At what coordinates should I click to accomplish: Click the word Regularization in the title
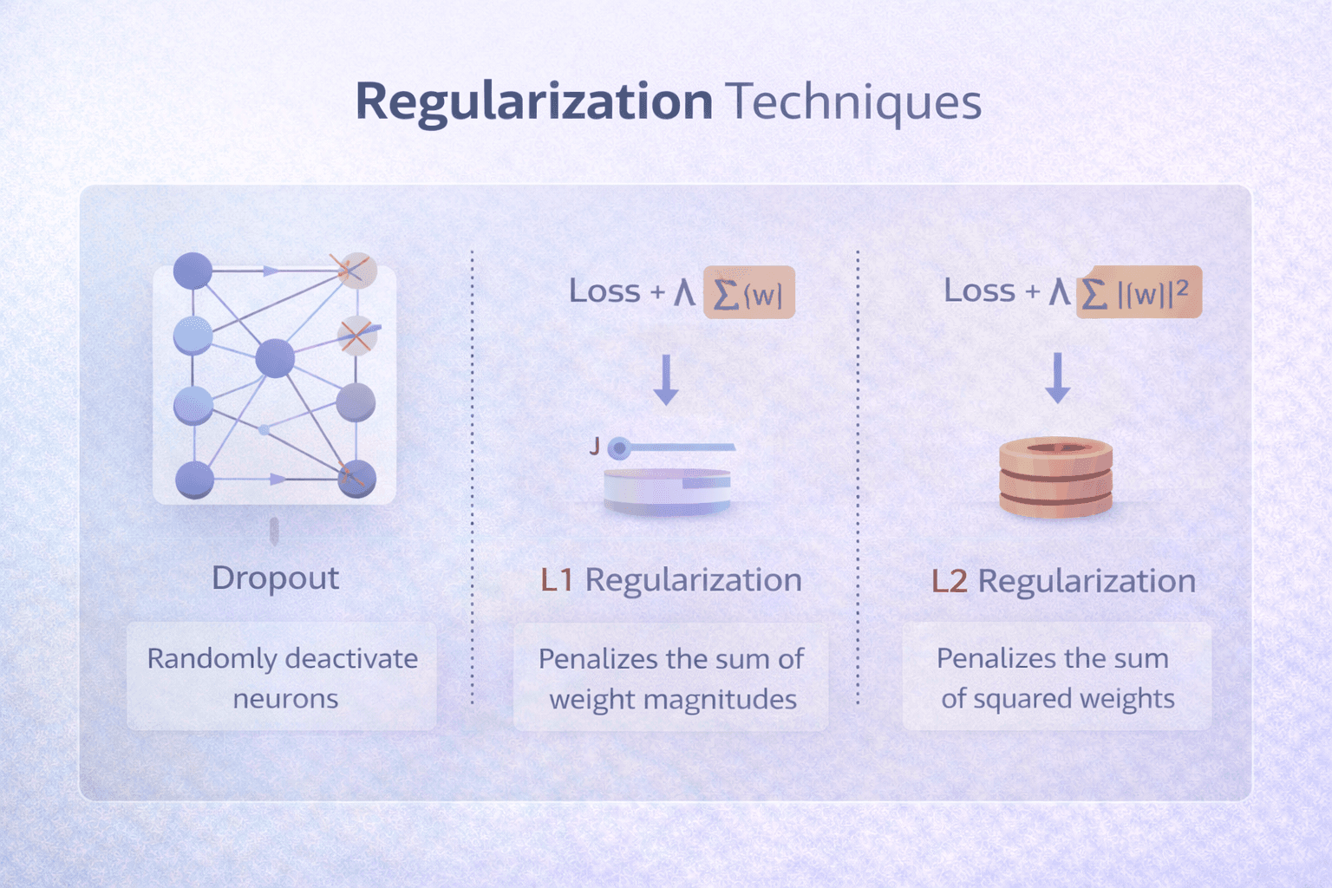click(533, 101)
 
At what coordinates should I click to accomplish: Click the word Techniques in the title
click(854, 101)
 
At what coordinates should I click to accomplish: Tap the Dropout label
click(275, 578)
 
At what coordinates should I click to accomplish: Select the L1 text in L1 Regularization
click(557, 580)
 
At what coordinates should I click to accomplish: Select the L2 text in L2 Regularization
click(949, 581)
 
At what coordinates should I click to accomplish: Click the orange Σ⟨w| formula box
click(748, 293)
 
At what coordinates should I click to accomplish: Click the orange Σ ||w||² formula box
click(1139, 292)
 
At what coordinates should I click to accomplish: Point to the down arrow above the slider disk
click(666, 379)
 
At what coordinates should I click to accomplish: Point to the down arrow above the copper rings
click(1057, 377)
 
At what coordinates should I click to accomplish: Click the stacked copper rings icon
click(1055, 477)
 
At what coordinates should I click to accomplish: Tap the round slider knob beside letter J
click(618, 448)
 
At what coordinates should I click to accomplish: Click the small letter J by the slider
click(595, 447)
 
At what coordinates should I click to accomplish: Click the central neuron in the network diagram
click(275, 358)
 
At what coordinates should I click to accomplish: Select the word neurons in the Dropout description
click(285, 699)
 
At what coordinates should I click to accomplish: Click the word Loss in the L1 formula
click(604, 291)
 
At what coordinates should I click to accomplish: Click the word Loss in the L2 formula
click(979, 291)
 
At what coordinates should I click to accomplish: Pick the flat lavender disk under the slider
click(666, 492)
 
